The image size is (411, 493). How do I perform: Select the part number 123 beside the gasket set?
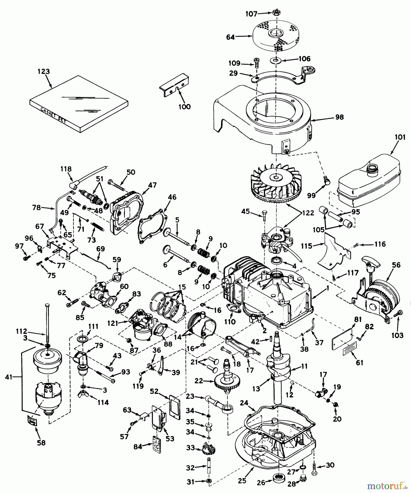pyautogui.click(x=44, y=71)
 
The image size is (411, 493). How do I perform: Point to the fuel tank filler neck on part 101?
pyautogui.click(x=373, y=167)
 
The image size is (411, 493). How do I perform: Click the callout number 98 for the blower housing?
pyautogui.click(x=339, y=117)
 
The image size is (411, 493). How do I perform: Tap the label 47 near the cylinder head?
pyautogui.click(x=152, y=185)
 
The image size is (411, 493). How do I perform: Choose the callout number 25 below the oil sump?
pyautogui.click(x=242, y=481)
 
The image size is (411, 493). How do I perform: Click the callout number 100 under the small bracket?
pyautogui.click(x=184, y=107)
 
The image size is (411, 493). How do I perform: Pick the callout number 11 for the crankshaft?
pyautogui.click(x=304, y=366)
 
